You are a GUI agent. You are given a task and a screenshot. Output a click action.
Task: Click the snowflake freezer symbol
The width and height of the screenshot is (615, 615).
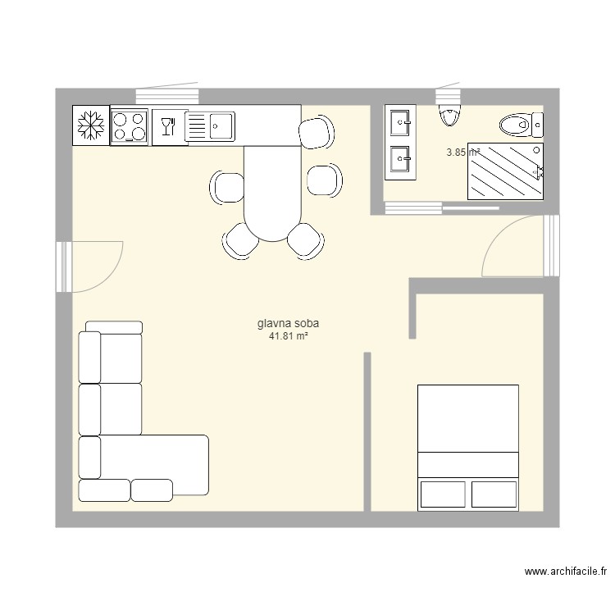click(91, 125)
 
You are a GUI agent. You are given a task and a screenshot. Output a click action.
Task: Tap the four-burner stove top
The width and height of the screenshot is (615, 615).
click(130, 126)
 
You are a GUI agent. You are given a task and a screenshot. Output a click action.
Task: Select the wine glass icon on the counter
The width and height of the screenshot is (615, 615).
click(168, 125)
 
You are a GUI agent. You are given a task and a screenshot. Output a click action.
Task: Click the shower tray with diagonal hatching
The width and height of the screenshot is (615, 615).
click(504, 171)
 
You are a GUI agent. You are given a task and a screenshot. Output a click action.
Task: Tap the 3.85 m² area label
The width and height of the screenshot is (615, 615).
click(462, 152)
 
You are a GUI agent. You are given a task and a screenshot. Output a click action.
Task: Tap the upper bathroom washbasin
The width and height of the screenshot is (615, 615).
click(401, 123)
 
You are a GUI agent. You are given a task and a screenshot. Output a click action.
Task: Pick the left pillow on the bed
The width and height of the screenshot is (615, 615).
click(443, 494)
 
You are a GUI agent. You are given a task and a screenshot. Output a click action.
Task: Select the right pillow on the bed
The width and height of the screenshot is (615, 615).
click(494, 494)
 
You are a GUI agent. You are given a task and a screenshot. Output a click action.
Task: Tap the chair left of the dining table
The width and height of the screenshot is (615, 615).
click(227, 186)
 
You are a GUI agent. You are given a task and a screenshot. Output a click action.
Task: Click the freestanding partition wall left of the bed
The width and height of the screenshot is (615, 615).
click(367, 430)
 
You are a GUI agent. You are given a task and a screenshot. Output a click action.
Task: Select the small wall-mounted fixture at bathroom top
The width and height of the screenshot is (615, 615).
click(449, 114)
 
